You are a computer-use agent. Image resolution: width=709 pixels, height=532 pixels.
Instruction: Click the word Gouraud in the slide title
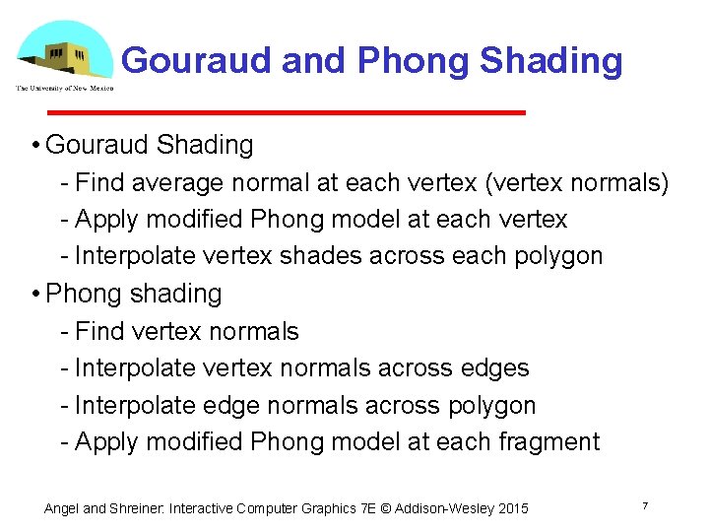pyautogui.click(x=196, y=61)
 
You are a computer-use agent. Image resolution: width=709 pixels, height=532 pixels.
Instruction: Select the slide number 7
pyautogui.click(x=644, y=505)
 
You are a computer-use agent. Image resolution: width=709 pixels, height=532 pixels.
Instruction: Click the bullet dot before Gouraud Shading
pyautogui.click(x=34, y=146)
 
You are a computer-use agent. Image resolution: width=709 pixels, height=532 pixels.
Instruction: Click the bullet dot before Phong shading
pyautogui.click(x=34, y=294)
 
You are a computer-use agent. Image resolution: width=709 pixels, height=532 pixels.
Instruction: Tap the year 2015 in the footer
pyautogui.click(x=512, y=509)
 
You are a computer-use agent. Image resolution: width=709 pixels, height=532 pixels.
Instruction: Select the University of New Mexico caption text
pyautogui.click(x=64, y=88)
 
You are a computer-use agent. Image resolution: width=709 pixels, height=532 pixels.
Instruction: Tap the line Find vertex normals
pyautogui.click(x=186, y=331)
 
